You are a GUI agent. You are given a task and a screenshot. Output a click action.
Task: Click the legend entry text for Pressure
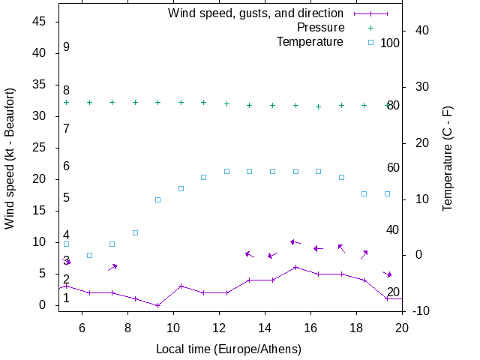coord(320,28)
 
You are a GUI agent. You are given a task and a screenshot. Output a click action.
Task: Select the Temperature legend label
coord(310,42)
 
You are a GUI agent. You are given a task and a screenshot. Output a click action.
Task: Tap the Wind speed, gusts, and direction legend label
coord(256,13)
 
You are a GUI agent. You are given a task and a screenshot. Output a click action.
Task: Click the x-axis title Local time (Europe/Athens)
coord(229,349)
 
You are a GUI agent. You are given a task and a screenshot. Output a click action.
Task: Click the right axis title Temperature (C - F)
coord(448,157)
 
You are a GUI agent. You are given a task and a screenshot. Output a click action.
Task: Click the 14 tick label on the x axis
coord(265,326)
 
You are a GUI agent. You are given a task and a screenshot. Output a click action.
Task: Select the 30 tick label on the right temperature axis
coord(417,87)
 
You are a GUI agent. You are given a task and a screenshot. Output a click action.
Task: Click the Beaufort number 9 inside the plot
coord(67,47)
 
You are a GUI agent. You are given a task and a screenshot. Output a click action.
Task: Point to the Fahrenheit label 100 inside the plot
coord(390,43)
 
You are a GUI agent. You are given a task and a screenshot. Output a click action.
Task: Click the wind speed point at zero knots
coord(157,305)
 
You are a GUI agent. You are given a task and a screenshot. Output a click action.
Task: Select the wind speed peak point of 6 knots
coord(295,267)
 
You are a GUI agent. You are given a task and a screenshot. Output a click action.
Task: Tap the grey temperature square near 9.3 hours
coord(157,199)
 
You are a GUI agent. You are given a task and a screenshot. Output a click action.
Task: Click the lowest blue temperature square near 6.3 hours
coord(89,255)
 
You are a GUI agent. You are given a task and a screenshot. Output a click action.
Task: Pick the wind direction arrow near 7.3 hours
coord(112,267)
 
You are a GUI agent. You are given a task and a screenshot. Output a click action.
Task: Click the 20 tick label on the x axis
coord(402,326)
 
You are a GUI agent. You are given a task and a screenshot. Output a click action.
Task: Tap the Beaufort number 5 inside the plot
coord(67,198)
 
